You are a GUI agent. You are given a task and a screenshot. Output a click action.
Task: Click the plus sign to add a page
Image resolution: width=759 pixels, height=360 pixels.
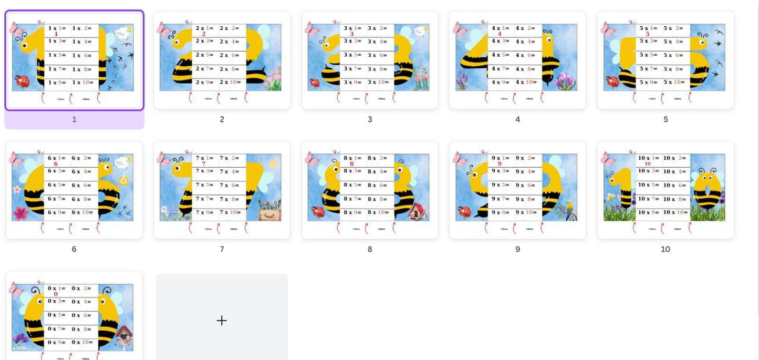click(x=222, y=320)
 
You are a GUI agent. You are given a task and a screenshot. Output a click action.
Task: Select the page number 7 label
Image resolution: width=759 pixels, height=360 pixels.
click(x=222, y=249)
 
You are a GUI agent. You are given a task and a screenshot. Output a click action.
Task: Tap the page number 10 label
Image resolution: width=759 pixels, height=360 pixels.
click(x=665, y=249)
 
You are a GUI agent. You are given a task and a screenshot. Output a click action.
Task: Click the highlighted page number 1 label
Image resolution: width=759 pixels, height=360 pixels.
click(x=74, y=119)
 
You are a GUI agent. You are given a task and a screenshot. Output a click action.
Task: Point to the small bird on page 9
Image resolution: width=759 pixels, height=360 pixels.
click(x=569, y=209)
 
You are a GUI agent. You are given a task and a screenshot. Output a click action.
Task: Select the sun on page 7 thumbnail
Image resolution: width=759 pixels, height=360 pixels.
click(x=273, y=163)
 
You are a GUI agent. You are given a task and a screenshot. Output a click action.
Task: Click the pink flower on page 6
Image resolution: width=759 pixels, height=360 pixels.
click(x=21, y=213)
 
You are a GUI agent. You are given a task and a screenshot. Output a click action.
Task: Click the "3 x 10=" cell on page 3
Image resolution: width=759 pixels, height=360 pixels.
click(x=381, y=82)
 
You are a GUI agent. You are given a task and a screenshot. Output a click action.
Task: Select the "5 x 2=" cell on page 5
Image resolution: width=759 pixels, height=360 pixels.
click(x=675, y=28)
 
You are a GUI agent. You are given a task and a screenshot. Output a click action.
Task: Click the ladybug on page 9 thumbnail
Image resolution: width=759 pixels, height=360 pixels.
click(x=464, y=211)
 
